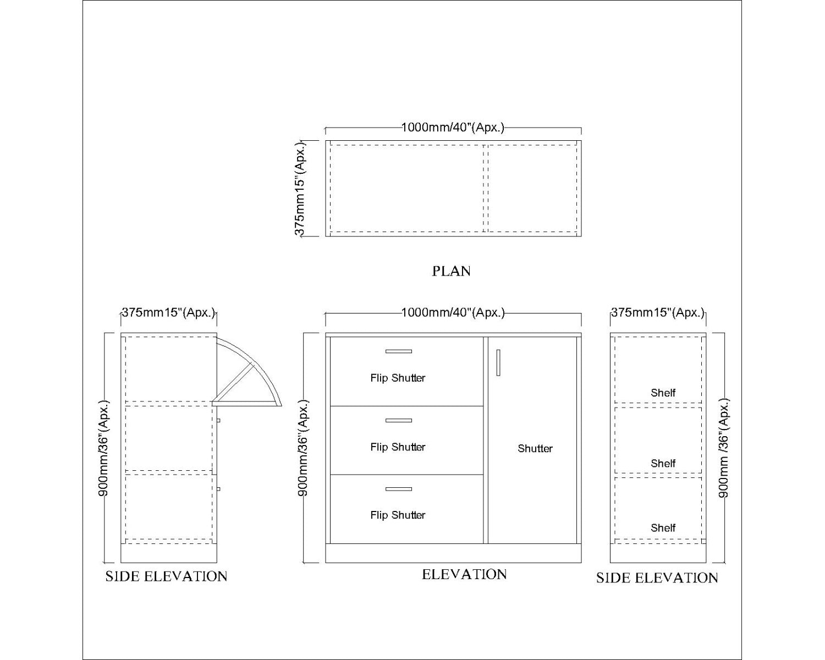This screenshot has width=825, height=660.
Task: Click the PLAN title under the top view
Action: click(451, 271)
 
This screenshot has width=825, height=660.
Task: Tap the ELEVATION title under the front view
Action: click(464, 574)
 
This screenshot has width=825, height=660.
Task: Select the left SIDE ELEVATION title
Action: click(167, 576)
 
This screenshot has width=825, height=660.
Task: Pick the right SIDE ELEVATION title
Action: click(657, 577)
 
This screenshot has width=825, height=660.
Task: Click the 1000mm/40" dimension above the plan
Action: click(453, 127)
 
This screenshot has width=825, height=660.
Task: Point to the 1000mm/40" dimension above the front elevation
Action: click(453, 312)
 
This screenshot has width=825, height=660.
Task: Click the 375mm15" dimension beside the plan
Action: click(299, 188)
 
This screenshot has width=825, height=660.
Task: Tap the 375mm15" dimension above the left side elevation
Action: click(169, 312)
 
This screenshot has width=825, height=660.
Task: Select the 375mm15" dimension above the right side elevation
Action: click(658, 312)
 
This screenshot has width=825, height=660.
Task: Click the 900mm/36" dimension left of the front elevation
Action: click(303, 448)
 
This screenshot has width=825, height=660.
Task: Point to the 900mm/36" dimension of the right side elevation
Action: click(723, 448)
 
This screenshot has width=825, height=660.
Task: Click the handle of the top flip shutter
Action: click(399, 351)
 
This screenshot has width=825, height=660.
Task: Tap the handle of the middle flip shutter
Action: click(399, 420)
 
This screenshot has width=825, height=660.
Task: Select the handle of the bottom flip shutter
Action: click(399, 489)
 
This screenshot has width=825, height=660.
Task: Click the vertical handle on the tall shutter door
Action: click(498, 362)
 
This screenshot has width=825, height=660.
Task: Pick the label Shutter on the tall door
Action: click(535, 448)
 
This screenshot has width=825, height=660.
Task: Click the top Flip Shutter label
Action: click(398, 378)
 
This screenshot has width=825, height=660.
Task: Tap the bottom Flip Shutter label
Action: click(398, 515)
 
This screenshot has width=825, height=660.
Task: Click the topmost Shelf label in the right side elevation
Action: click(663, 392)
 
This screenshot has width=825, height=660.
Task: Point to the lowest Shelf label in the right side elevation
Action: click(663, 527)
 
